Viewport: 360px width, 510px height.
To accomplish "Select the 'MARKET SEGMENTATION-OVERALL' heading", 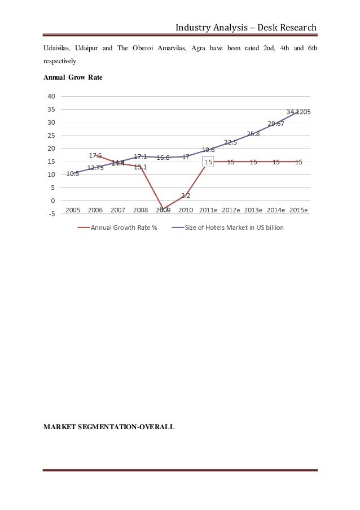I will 109,427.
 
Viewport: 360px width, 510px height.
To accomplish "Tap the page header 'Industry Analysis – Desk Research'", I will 246,27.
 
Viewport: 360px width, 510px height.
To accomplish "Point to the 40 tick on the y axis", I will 51,96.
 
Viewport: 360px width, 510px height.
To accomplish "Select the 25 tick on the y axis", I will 51,136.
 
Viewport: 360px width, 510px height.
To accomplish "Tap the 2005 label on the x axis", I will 73,210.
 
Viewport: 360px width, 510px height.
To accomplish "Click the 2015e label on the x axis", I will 298,210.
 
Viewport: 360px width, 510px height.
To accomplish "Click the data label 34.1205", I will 298,112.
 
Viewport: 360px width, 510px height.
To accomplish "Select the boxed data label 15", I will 208,162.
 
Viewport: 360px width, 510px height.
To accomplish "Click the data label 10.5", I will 73,174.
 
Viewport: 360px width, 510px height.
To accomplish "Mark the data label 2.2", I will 186,195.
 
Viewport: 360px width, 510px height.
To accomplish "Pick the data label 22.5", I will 230,142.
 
